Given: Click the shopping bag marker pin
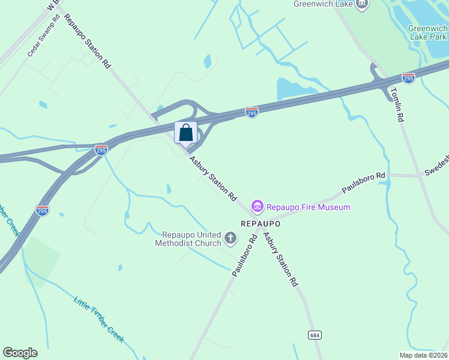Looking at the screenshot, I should pyautogui.click(x=186, y=133).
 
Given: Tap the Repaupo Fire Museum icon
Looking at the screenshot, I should pyautogui.click(x=258, y=207).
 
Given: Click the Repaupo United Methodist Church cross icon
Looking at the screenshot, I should pyautogui.click(x=230, y=239).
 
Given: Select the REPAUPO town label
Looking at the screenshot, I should pyautogui.click(x=261, y=223).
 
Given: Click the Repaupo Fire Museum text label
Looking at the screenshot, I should pyautogui.click(x=308, y=207).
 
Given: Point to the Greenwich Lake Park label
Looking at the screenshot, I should pyautogui.click(x=427, y=32).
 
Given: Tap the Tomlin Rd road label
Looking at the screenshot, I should pyautogui.click(x=396, y=104).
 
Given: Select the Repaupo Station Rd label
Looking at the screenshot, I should pyautogui.click(x=88, y=41).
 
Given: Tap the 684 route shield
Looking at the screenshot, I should pyautogui.click(x=314, y=335).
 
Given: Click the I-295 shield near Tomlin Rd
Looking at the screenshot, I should pyautogui.click(x=408, y=78).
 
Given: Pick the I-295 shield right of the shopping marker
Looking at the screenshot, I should pyautogui.click(x=252, y=112).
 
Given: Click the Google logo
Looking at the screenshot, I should pyautogui.click(x=20, y=353).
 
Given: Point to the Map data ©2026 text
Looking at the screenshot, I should pyautogui.click(x=423, y=355).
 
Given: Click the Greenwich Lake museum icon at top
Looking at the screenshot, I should pyautogui.click(x=362, y=5).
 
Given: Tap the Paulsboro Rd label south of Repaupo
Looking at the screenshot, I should pyautogui.click(x=245, y=256).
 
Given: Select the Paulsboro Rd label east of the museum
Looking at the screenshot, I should pyautogui.click(x=363, y=183).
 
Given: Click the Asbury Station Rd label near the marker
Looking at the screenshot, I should pyautogui.click(x=213, y=178).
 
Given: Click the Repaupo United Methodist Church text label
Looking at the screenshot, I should pyautogui.click(x=188, y=239).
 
